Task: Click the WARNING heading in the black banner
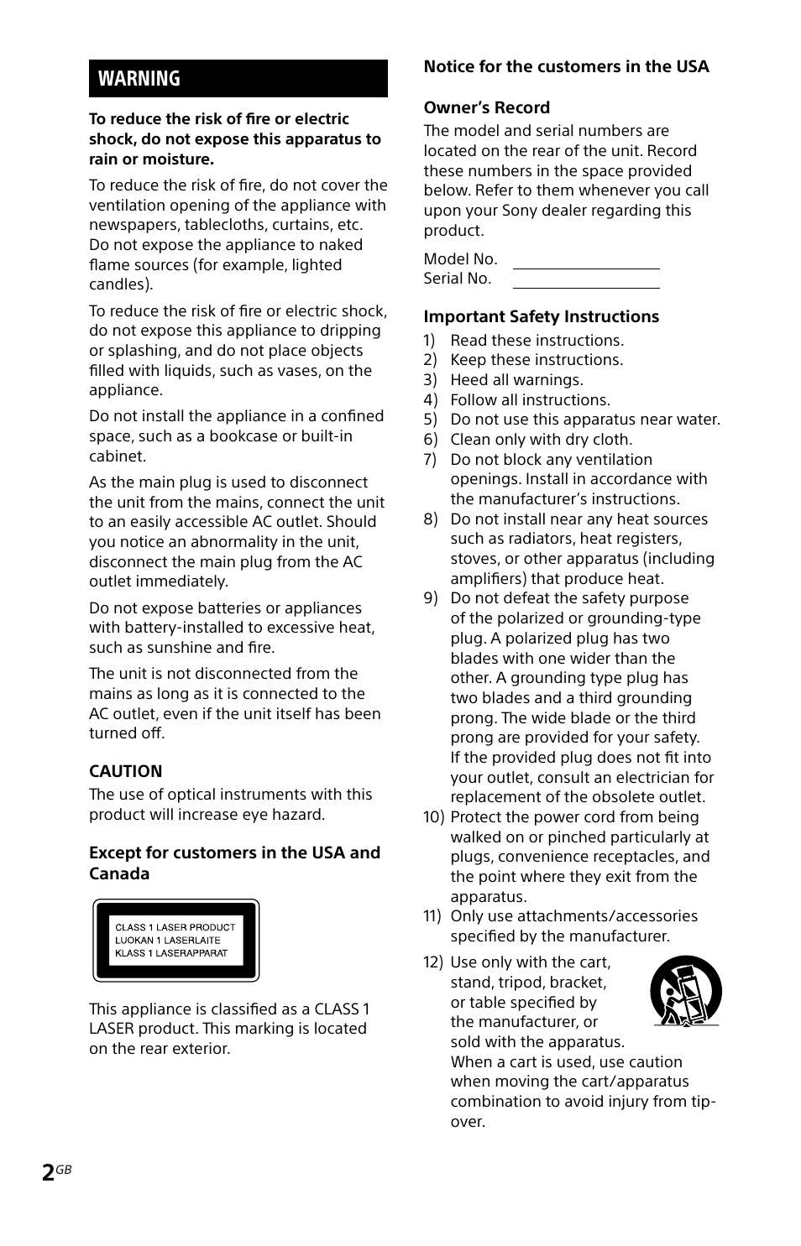139,79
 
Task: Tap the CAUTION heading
126,771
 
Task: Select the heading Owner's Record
486,107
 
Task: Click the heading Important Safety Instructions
541,316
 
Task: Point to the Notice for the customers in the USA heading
566,66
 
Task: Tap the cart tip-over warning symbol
685,991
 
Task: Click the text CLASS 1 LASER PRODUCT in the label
175,927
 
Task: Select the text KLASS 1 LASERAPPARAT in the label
171,953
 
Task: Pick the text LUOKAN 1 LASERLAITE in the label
168,941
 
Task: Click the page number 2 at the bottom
49,1173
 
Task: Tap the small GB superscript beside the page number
65,1170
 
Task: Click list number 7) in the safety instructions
430,460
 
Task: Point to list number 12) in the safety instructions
432,962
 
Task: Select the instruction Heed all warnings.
516,380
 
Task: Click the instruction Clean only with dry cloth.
541,440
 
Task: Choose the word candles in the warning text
119,284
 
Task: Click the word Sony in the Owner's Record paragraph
520,211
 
